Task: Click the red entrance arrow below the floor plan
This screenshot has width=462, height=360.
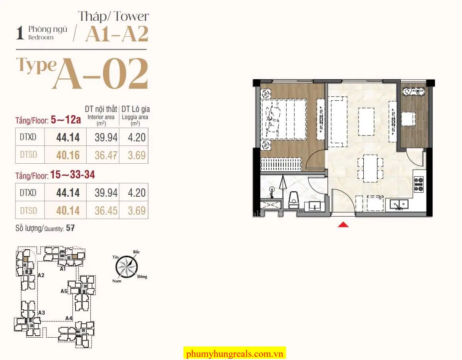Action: click(x=343, y=225)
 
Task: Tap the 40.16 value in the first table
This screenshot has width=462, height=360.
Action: click(x=68, y=155)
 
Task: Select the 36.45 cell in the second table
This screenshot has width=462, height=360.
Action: click(x=106, y=211)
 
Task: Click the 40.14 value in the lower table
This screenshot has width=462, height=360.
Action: click(x=68, y=211)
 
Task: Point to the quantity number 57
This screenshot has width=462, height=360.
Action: click(x=70, y=228)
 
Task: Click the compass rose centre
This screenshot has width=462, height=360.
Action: click(x=127, y=267)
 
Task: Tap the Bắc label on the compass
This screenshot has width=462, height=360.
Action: click(x=136, y=252)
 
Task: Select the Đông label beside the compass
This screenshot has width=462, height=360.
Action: click(x=142, y=276)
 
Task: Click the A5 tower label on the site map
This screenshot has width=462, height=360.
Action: click(x=64, y=291)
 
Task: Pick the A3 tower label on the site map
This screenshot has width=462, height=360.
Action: click(x=41, y=313)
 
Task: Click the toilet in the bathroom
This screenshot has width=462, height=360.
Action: click(x=293, y=200)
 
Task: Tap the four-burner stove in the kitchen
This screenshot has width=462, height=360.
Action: click(x=419, y=184)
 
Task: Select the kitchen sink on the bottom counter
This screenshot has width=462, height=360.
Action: click(x=399, y=204)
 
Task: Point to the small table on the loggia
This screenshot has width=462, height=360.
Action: click(x=408, y=119)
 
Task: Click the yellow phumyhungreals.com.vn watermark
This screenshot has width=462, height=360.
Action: click(x=234, y=354)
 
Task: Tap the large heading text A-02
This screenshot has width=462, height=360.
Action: click(x=100, y=73)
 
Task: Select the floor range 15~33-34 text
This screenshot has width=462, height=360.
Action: click(x=72, y=174)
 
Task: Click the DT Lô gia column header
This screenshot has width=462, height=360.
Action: click(x=135, y=110)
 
